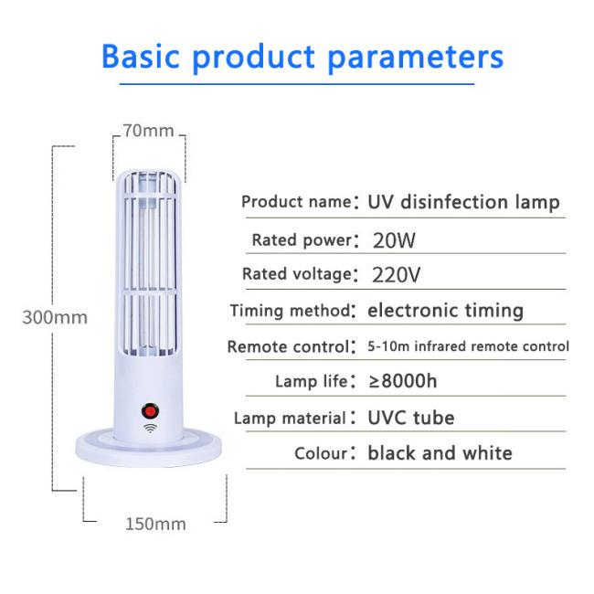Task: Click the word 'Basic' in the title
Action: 140,56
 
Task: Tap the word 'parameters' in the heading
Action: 415,58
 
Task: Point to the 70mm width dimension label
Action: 148,131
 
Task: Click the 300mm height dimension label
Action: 55,317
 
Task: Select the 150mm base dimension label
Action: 155,525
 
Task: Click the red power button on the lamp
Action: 150,411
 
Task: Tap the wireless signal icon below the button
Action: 151,428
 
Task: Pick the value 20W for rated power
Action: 394,240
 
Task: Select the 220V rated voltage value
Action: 397,275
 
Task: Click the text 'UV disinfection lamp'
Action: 463,202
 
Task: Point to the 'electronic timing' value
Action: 446,311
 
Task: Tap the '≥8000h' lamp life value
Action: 403,381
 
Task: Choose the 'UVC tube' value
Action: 411,418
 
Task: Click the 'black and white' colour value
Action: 440,453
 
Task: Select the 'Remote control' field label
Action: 289,346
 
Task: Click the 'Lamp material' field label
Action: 291,419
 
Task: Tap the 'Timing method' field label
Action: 291,311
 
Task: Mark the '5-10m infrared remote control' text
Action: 468,346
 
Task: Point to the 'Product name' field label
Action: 297,202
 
